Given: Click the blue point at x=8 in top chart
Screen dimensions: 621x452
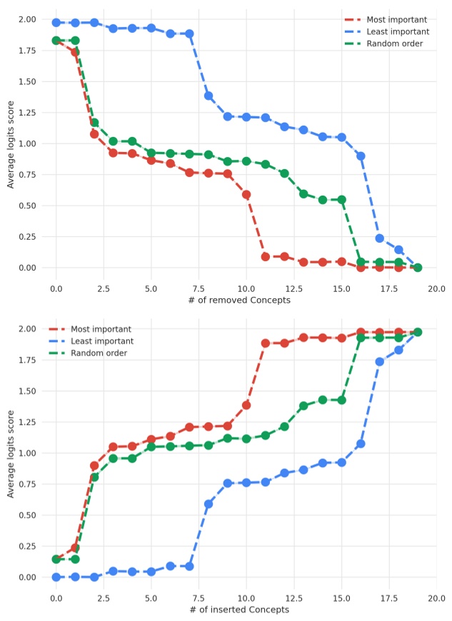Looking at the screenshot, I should (x=209, y=96).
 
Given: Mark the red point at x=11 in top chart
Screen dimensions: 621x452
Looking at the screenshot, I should (x=266, y=256).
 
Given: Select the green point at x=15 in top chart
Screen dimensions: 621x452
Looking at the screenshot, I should (x=341, y=200).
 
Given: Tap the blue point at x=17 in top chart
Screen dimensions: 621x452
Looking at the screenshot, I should (x=380, y=238).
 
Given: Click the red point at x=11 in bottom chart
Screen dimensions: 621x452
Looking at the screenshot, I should (x=266, y=343).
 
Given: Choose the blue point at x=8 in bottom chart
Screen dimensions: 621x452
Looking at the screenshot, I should (x=209, y=504).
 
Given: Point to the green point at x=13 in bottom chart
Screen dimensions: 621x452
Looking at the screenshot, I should (x=303, y=405).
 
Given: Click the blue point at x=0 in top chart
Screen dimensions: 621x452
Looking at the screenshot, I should (x=56, y=23).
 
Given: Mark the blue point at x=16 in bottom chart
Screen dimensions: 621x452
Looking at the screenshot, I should (x=361, y=444).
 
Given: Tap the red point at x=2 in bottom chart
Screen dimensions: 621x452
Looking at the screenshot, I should (x=94, y=465).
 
